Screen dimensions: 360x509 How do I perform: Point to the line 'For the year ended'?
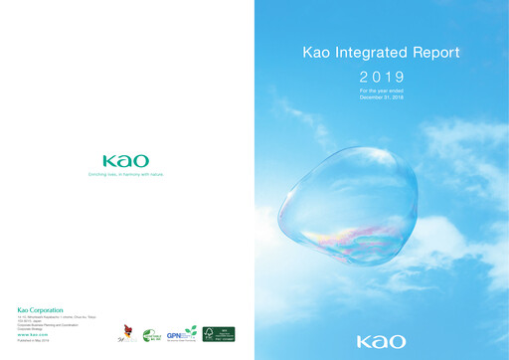point(382,90)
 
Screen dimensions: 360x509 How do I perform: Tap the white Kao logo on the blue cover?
point(382,341)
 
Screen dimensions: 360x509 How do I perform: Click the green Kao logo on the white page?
point(125,161)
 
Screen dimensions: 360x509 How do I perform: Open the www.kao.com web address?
point(34,335)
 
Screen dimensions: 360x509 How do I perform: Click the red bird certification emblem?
point(126,333)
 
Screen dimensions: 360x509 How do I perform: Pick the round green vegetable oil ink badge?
point(151,336)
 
